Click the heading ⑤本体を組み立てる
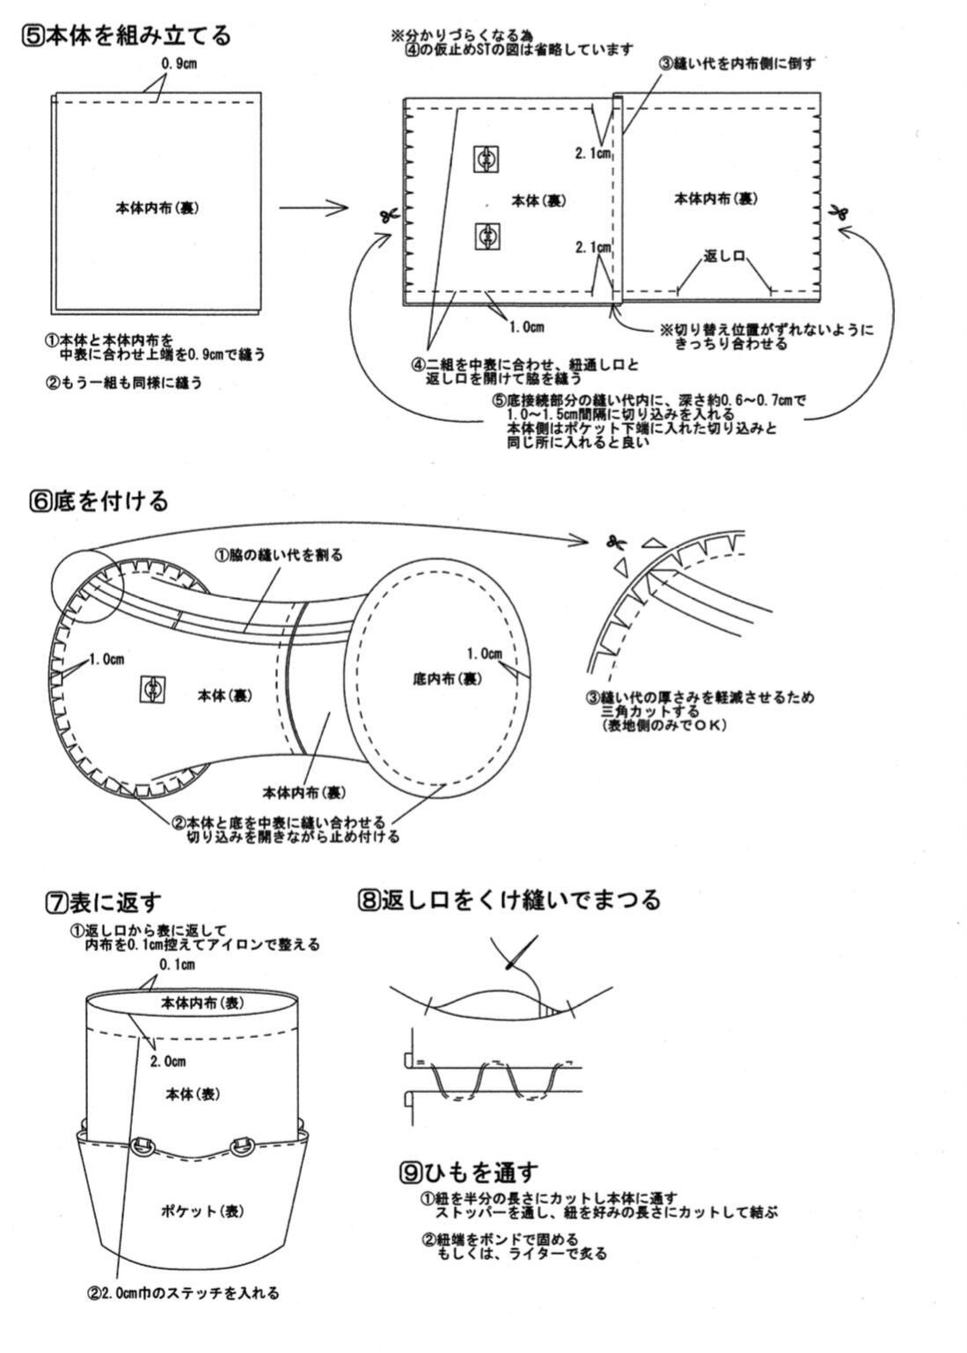(x=128, y=36)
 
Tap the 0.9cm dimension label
(x=179, y=63)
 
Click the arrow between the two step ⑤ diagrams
(x=313, y=208)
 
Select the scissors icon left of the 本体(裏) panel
(x=385, y=214)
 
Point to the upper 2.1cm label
(x=593, y=154)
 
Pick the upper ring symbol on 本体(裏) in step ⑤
(x=486, y=158)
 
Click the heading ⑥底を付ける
(x=98, y=501)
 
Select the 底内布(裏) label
(x=447, y=679)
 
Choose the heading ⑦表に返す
(x=103, y=902)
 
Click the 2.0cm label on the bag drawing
(x=167, y=1062)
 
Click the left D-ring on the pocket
(x=141, y=1145)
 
